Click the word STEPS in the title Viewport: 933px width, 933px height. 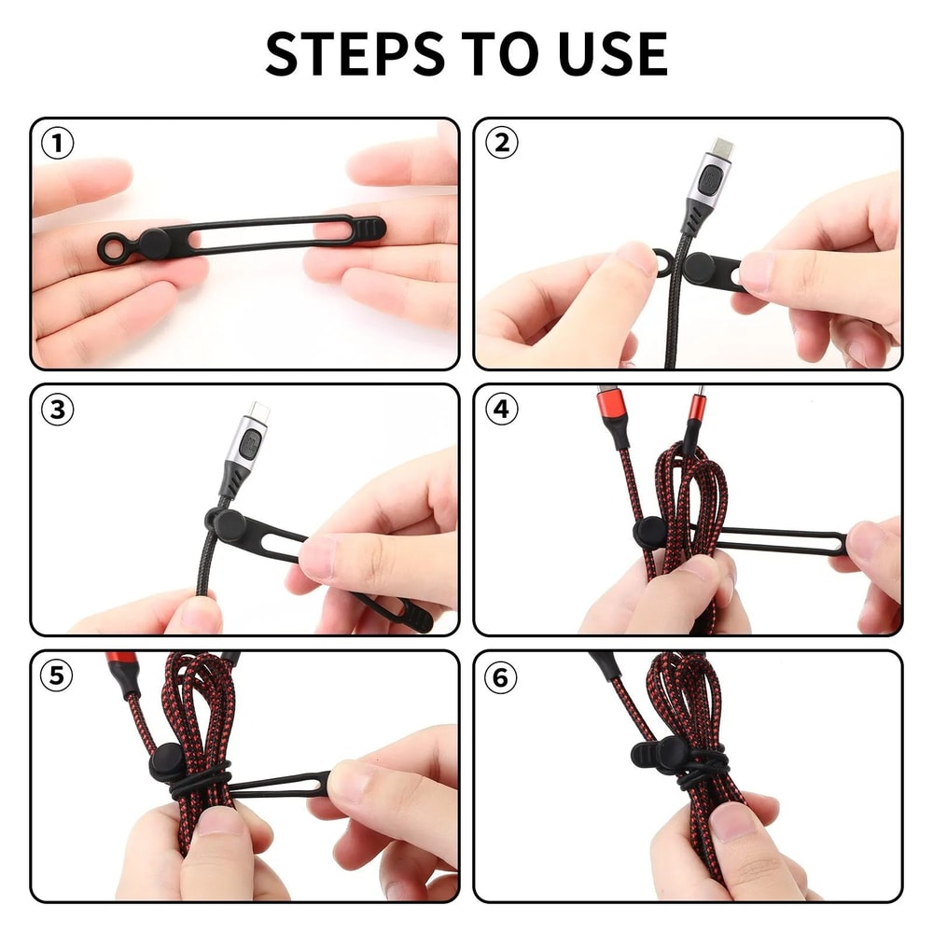(x=355, y=55)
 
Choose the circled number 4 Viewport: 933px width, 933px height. (x=502, y=411)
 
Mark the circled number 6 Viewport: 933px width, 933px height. (x=502, y=677)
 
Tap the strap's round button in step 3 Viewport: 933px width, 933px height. (x=229, y=525)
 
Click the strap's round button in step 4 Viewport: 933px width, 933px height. (x=649, y=533)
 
